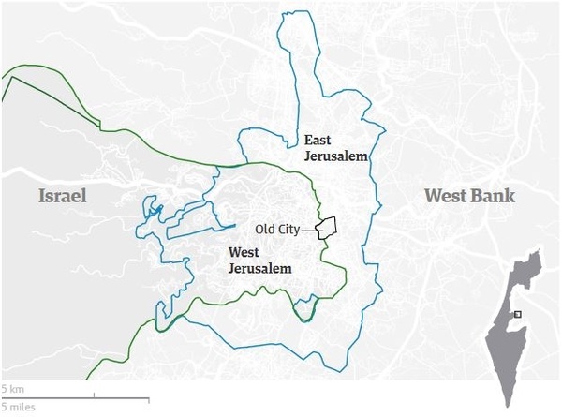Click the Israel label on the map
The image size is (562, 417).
pyautogui.click(x=63, y=196)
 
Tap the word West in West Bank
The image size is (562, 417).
pyautogui.click(x=446, y=196)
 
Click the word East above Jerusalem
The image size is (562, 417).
pyautogui.click(x=318, y=141)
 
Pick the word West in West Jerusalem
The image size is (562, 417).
pyautogui.click(x=245, y=252)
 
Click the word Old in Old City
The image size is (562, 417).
pyautogui.click(x=266, y=228)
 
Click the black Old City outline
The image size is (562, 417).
pyautogui.click(x=327, y=228)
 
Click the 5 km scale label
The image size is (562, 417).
pyautogui.click(x=12, y=387)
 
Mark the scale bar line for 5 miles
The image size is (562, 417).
pyautogui.click(x=74, y=398)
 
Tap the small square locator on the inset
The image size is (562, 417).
pyautogui.click(x=517, y=315)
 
